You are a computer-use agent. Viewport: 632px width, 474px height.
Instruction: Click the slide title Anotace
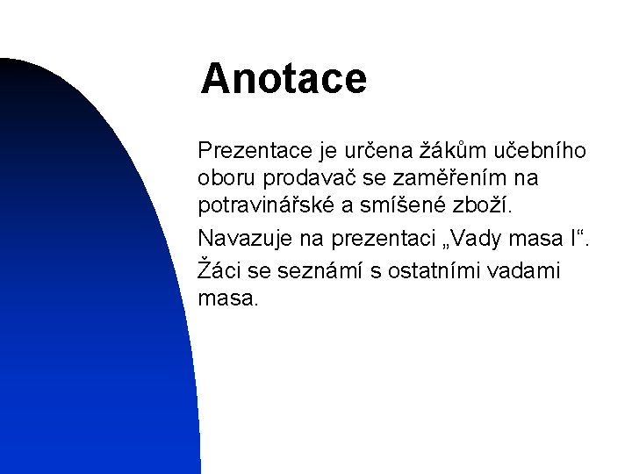[283, 78]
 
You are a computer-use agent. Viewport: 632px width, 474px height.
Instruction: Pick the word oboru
[225, 179]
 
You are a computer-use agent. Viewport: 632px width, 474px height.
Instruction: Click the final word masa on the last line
[229, 298]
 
